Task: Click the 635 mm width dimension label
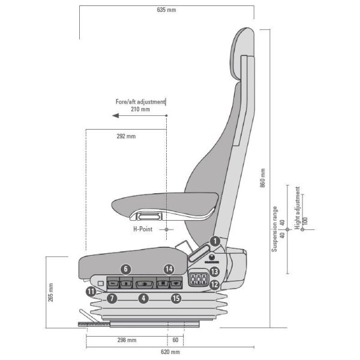pyautogui.click(x=166, y=10)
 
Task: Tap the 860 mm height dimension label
pyautogui.click(x=263, y=178)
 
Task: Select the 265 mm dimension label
pyautogui.click(x=50, y=292)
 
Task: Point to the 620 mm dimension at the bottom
pyautogui.click(x=170, y=352)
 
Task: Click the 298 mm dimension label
pyautogui.click(x=127, y=340)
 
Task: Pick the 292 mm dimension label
pyautogui.click(x=126, y=136)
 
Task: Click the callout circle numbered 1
pyautogui.click(x=215, y=241)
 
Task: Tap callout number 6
pyautogui.click(x=125, y=269)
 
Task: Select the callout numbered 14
pyautogui.click(x=169, y=269)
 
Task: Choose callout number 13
pyautogui.click(x=214, y=272)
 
